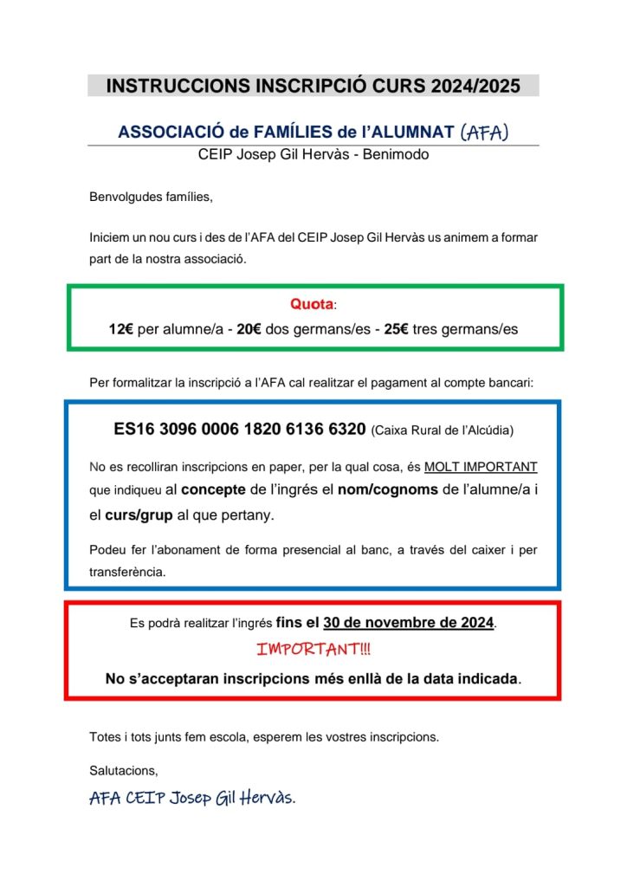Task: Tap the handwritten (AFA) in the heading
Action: click(485, 132)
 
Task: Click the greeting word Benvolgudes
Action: click(125, 197)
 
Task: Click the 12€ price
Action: click(121, 329)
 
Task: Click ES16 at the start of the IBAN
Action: click(133, 429)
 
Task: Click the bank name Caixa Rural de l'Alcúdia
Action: click(442, 430)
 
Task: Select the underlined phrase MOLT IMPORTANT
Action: click(481, 466)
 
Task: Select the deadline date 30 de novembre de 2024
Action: click(409, 623)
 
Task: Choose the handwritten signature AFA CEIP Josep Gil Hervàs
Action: click(192, 798)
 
